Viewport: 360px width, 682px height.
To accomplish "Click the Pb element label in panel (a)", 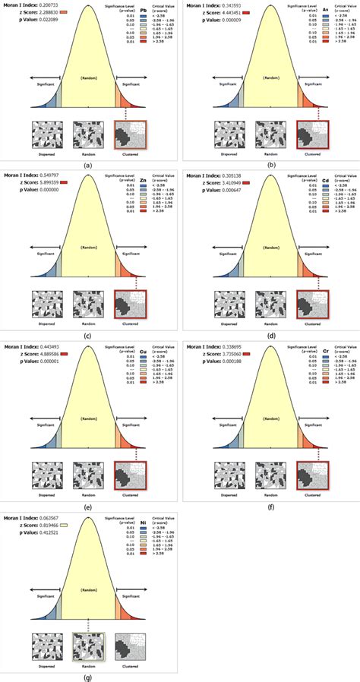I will pyautogui.click(x=144, y=10).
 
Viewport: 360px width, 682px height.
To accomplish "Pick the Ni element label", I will pyautogui.click(x=144, y=520).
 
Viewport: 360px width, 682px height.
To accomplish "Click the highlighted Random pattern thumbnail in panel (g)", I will pyautogui.click(x=89, y=644).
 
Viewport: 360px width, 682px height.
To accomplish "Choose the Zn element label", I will pyautogui.click(x=144, y=182).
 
